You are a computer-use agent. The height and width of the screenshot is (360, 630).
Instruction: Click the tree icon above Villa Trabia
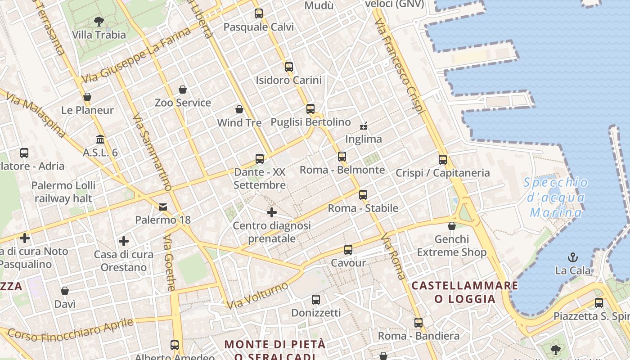99,21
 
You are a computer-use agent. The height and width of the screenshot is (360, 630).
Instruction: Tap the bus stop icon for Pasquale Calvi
258,13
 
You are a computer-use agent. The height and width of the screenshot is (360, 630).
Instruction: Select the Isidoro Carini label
288,81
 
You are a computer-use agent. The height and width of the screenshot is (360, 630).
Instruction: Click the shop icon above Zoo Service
183,90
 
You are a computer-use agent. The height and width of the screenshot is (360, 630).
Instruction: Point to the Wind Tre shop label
239,122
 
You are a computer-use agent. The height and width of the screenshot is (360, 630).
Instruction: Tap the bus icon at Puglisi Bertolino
310,109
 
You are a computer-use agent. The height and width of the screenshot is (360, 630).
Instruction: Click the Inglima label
363,139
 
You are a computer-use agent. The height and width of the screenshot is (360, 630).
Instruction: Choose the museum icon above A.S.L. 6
100,139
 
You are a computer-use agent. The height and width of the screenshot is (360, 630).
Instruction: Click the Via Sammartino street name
153,151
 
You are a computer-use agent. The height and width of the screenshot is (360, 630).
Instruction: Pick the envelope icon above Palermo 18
163,207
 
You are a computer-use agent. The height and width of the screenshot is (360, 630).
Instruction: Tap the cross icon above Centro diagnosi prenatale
271,212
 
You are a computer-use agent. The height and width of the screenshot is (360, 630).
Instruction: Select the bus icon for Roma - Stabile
363,195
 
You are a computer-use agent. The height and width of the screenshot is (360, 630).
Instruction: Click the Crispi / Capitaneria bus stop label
442,173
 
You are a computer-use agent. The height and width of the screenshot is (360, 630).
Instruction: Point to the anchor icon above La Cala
573,258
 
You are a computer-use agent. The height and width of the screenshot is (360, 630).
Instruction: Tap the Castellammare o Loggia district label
464,292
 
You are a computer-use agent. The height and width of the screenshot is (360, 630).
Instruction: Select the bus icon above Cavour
348,250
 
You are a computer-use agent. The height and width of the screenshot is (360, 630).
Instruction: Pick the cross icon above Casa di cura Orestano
124,241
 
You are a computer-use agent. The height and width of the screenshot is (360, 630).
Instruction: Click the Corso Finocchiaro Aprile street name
71,330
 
